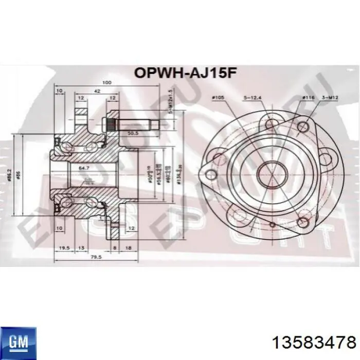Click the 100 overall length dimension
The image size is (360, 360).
[x=106, y=83]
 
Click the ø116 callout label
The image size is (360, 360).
[x=308, y=97]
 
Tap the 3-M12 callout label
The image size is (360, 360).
[x=329, y=97]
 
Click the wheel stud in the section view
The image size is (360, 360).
[x=141, y=123]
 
